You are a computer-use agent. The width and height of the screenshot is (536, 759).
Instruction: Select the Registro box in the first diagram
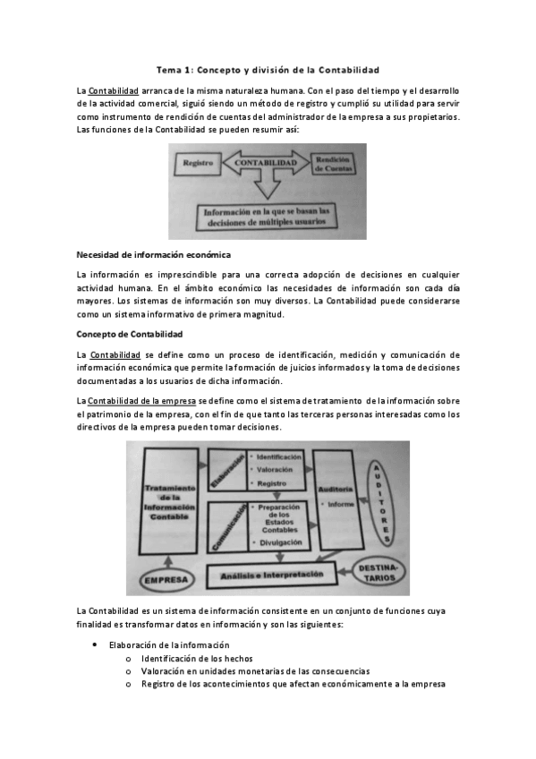[197, 164]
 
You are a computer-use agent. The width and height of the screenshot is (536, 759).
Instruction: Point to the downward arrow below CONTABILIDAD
[266, 187]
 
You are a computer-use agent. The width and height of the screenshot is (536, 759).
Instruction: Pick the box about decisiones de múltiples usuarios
[267, 217]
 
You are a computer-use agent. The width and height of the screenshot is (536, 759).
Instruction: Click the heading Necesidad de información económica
[154, 254]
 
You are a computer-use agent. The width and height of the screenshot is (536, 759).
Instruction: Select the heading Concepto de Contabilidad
[130, 334]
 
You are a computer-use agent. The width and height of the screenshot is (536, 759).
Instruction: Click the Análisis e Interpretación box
[270, 573]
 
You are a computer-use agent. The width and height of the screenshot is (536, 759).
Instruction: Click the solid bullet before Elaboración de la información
[96, 644]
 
